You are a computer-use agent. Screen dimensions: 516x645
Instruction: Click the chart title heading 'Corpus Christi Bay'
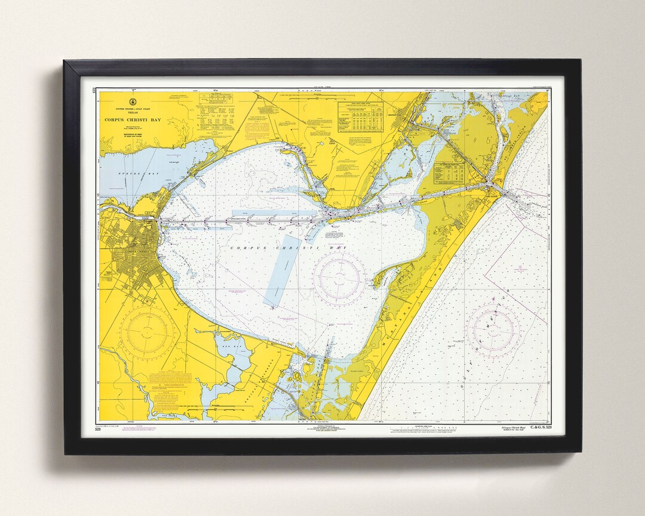133,119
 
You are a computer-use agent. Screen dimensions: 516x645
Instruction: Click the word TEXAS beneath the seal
133,113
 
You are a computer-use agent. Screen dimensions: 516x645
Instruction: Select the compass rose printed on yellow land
146,331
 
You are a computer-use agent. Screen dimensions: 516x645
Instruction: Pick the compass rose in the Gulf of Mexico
493,330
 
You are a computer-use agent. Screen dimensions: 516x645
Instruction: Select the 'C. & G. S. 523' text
536,428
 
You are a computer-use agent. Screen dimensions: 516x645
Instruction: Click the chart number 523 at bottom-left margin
97,429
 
